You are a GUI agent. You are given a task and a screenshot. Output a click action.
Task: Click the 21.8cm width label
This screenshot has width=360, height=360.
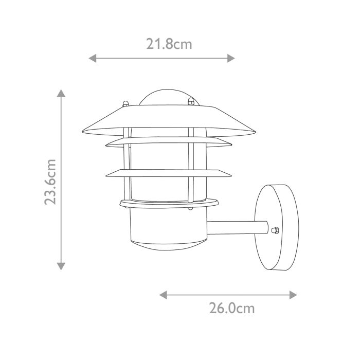point(169,44)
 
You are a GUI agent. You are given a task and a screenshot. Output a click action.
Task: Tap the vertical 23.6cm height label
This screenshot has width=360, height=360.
point(50,182)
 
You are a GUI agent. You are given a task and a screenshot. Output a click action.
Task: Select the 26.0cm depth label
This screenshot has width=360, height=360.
point(231,309)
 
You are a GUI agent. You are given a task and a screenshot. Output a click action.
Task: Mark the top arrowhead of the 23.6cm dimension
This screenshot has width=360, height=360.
point(61,94)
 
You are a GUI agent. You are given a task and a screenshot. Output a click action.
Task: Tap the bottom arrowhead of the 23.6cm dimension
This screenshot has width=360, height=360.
point(61,266)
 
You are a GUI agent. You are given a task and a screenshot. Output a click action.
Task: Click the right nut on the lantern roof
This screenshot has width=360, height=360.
point(191,102)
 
